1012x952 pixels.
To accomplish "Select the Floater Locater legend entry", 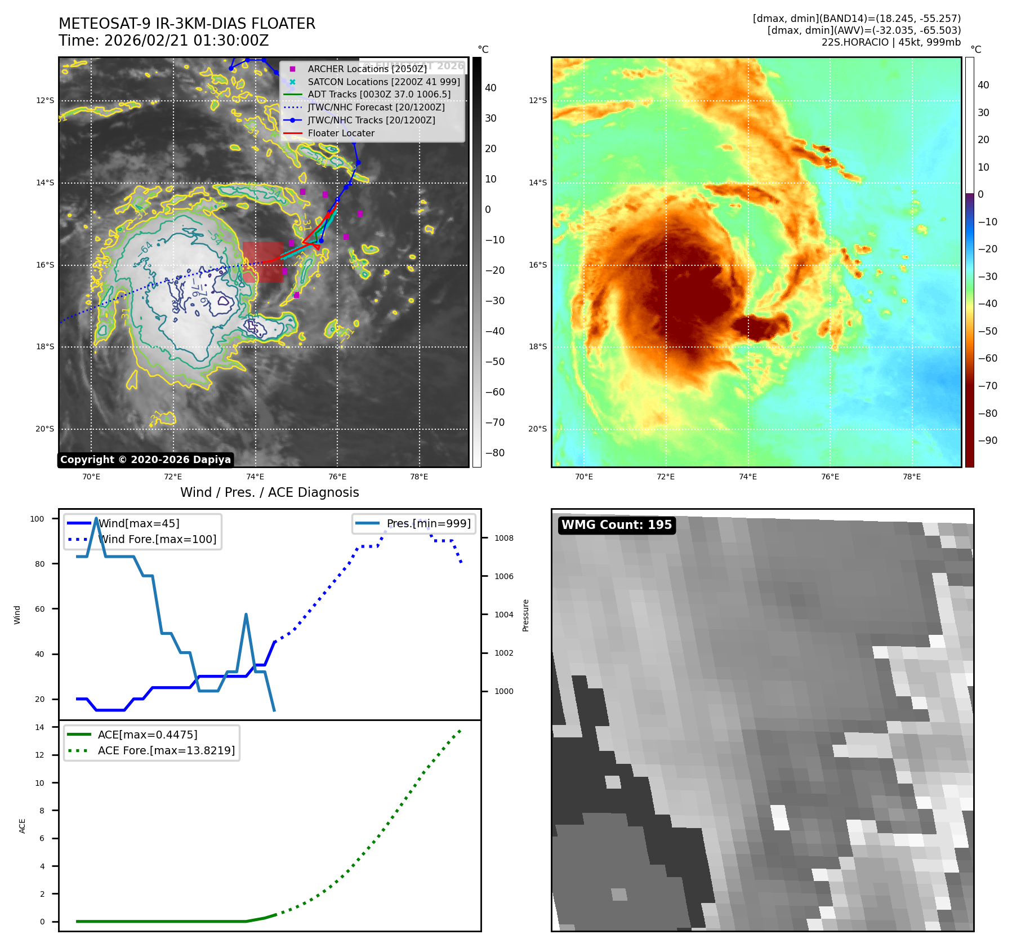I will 341,134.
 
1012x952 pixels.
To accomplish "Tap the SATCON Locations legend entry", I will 384,82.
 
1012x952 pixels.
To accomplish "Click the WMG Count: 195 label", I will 617,525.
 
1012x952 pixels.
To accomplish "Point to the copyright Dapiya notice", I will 145,460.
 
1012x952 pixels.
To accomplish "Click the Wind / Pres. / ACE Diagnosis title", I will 269,492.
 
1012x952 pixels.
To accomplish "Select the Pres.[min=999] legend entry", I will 428,523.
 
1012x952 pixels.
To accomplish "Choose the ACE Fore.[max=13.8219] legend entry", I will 166,750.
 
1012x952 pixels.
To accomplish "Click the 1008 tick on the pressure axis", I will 504,538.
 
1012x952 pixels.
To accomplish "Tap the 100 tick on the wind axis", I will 37,519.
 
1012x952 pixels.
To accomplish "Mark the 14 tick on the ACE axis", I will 39,727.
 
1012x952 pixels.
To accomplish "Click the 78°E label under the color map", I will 912,477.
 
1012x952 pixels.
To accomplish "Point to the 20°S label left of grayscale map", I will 45,429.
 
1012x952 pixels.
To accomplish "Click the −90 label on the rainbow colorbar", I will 987,441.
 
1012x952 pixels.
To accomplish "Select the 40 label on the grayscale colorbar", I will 491,88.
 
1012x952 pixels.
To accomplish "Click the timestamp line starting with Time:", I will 163,41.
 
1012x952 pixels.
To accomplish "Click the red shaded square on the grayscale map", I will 263,262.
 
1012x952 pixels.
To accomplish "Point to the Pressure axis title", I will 525,615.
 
